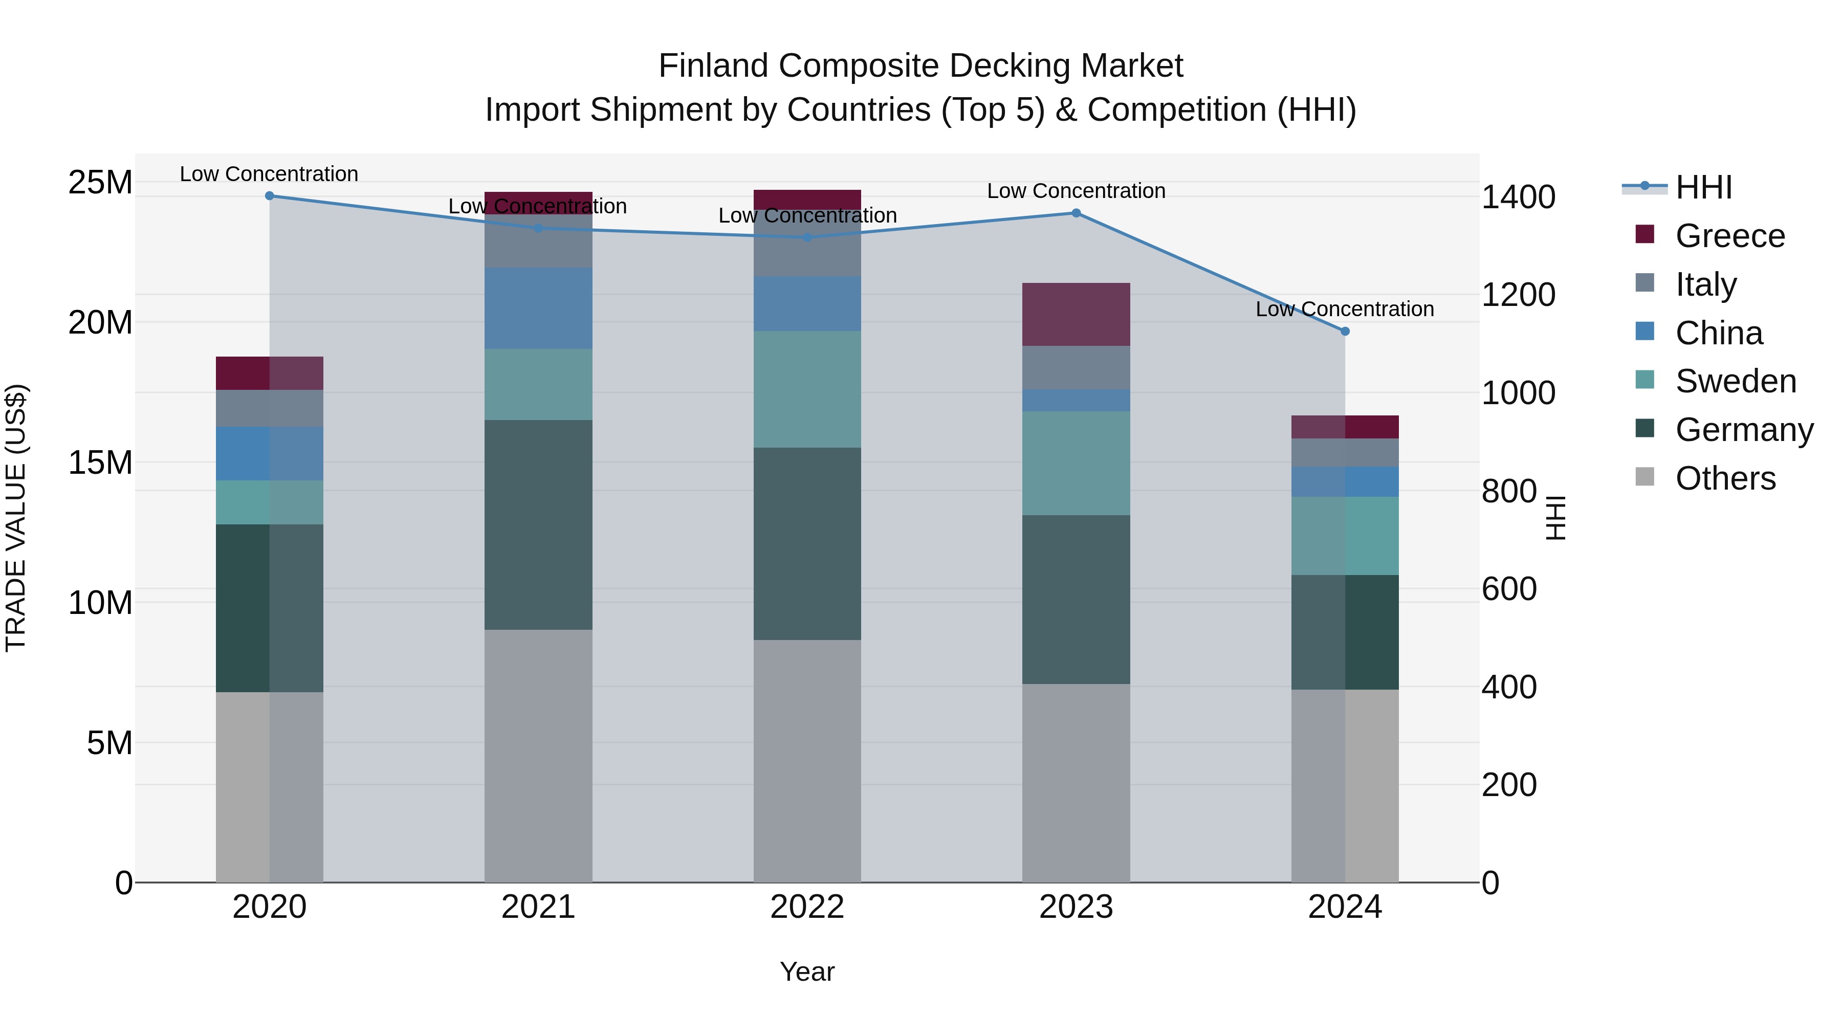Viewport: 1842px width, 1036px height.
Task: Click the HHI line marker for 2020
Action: (270, 196)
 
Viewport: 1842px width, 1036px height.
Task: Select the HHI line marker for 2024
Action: (1345, 332)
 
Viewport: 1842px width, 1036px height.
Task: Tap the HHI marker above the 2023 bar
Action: (1076, 213)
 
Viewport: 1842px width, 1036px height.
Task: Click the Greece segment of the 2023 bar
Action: (1076, 315)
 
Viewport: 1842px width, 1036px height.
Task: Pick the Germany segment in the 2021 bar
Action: (538, 525)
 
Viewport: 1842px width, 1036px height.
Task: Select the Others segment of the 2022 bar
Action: (807, 761)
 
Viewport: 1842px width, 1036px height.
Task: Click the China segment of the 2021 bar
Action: (538, 308)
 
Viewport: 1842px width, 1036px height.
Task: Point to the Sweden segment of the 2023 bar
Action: (1076, 464)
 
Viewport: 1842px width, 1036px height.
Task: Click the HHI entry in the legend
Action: (1703, 187)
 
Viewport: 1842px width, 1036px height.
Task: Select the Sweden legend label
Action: (1736, 381)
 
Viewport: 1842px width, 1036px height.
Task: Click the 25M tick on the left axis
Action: (100, 182)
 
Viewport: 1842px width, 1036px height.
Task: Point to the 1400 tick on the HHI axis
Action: (1518, 197)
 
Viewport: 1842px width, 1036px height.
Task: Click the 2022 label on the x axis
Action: (807, 907)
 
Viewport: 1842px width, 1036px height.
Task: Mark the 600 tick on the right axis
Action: (1509, 589)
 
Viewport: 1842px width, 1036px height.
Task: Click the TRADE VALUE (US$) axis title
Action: (16, 518)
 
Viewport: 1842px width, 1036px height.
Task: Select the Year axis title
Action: (807, 972)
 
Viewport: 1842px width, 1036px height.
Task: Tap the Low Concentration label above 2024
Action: (1345, 309)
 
